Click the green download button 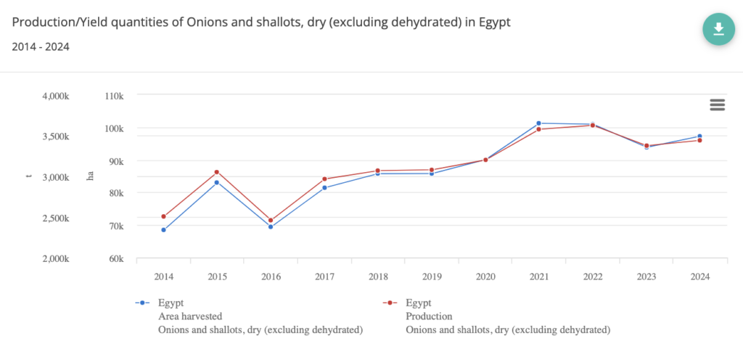tap(718, 28)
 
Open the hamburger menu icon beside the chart tap(717, 105)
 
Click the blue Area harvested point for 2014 tap(163, 230)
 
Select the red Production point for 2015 tap(217, 172)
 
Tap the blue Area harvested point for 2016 tap(271, 227)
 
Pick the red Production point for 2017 tap(324, 179)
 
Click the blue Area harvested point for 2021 tap(538, 123)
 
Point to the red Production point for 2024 tap(699, 140)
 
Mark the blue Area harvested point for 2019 tap(432, 173)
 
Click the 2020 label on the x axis tap(485, 277)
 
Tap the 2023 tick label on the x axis tap(646, 277)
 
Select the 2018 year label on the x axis tap(378, 277)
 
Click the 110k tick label tap(115, 96)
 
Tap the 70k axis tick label tap(116, 226)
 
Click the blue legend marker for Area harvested tap(144, 303)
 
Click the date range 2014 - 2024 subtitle tap(41, 47)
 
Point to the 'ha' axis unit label tap(91, 176)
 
